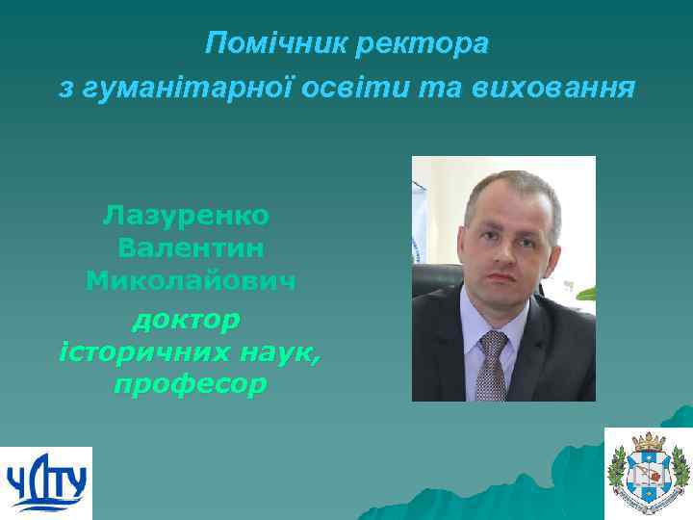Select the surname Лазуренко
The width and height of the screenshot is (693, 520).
click(x=187, y=214)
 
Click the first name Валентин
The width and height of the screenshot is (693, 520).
click(x=191, y=247)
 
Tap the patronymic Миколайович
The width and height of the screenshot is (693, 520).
click(x=191, y=281)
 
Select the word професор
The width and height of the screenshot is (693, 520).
click(x=189, y=385)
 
